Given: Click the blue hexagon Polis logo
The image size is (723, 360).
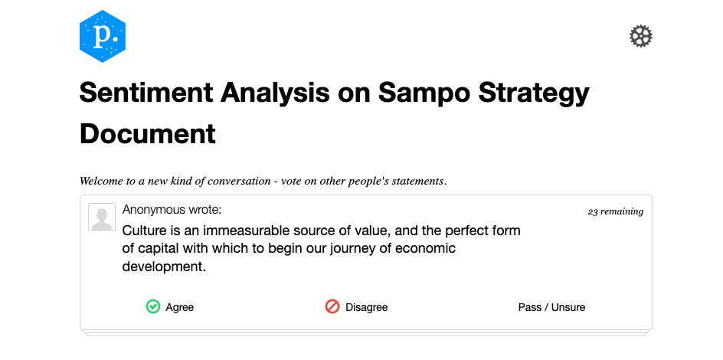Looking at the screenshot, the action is [x=103, y=36].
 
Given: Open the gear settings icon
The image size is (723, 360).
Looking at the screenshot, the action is [x=641, y=36].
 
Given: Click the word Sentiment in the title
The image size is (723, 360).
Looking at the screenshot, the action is [x=146, y=92].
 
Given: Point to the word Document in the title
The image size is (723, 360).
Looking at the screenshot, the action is [x=148, y=134].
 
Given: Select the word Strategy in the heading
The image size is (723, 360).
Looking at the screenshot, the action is [x=534, y=93].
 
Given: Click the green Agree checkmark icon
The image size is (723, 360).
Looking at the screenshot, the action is [x=153, y=306].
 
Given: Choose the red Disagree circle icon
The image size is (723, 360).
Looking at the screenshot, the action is [x=332, y=306].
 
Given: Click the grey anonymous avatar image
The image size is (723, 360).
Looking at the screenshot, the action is [x=102, y=217].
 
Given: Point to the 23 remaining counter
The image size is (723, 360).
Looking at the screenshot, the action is [x=615, y=211].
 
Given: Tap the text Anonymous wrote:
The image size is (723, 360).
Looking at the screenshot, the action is [x=172, y=210].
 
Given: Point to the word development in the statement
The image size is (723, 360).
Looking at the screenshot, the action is [x=162, y=267].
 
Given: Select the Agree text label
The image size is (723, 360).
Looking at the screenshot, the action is [x=180, y=307].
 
